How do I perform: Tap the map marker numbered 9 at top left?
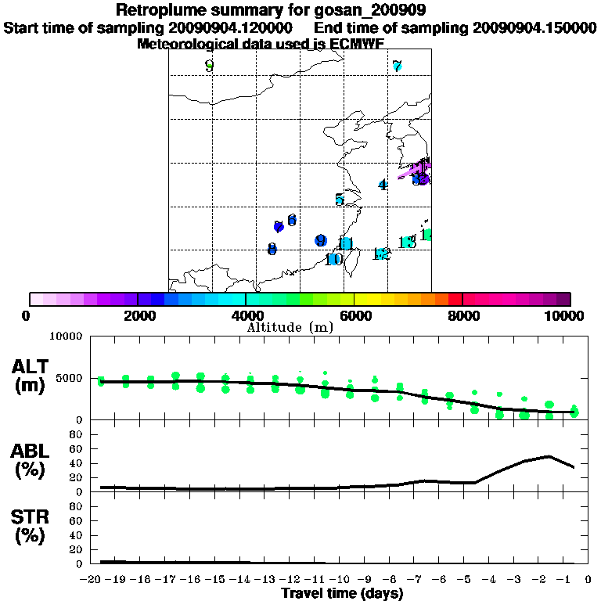click(209, 66)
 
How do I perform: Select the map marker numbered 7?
click(397, 67)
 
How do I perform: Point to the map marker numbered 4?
click(382, 185)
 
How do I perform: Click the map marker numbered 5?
click(339, 200)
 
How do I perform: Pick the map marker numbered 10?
click(333, 259)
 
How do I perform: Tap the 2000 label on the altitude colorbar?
click(138, 316)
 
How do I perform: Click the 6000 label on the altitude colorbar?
click(354, 316)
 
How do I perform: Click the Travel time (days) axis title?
click(342, 593)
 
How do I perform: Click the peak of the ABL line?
click(549, 455)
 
